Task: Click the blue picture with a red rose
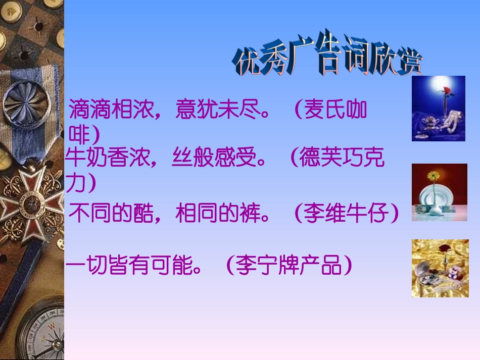438,108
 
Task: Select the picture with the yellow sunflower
439,192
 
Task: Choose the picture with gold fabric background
440,268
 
